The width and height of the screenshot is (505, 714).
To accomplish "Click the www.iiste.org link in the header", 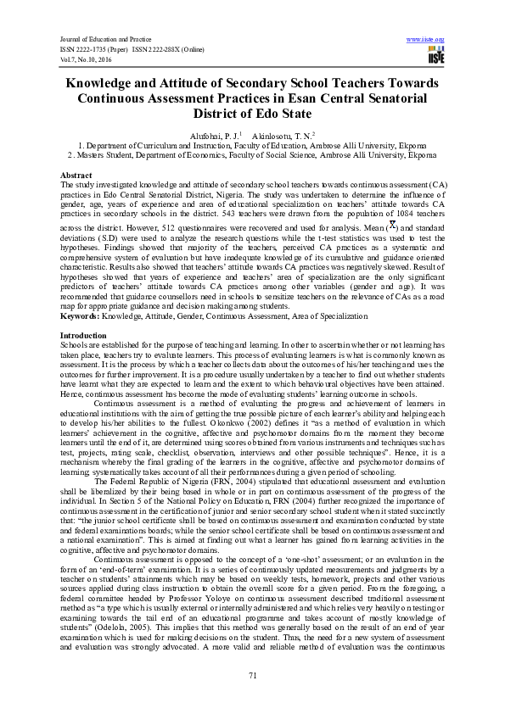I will pyautogui.click(x=426, y=40).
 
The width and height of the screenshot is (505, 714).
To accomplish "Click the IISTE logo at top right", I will pyautogui.click(x=436, y=55).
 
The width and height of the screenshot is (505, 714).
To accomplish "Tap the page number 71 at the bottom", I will pyautogui.click(x=252, y=674).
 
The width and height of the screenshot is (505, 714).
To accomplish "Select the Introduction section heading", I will pyautogui.click(x=83, y=336).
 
